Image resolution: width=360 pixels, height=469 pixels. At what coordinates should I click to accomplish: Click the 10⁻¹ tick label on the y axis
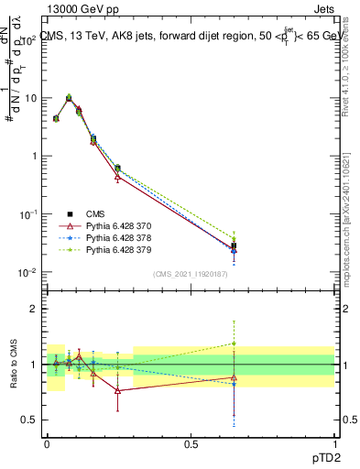(28, 214)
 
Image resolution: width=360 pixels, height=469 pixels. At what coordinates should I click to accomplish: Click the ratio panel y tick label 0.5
(29, 420)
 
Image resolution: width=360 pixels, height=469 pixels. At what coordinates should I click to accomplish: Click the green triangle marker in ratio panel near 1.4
(235, 344)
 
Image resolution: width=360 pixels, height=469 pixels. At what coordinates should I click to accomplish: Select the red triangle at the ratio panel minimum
(117, 390)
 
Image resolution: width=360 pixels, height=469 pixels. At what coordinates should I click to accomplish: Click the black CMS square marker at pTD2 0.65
(235, 245)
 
